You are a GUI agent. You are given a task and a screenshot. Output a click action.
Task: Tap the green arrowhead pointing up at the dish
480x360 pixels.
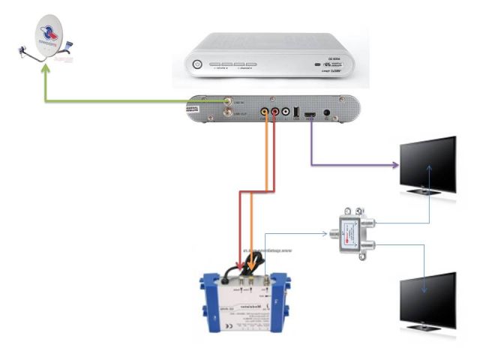(46, 67)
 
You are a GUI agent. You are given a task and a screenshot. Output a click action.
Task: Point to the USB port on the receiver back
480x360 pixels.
(296, 112)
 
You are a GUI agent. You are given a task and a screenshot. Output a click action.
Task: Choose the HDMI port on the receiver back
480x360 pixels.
(310, 115)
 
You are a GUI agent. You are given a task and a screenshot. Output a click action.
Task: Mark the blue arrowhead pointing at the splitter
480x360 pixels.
(324, 233)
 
